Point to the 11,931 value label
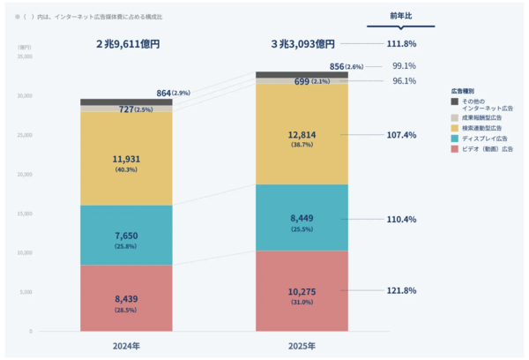[126, 159]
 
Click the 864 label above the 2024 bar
[168, 93]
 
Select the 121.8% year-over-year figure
[401, 290]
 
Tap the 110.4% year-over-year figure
[401, 219]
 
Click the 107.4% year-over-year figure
[401, 135]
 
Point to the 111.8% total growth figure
[401, 43]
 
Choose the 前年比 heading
[402, 15]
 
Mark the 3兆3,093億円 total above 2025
[302, 43]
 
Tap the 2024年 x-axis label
[126, 345]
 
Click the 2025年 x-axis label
[302, 345]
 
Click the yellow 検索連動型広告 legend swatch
[454, 126]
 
